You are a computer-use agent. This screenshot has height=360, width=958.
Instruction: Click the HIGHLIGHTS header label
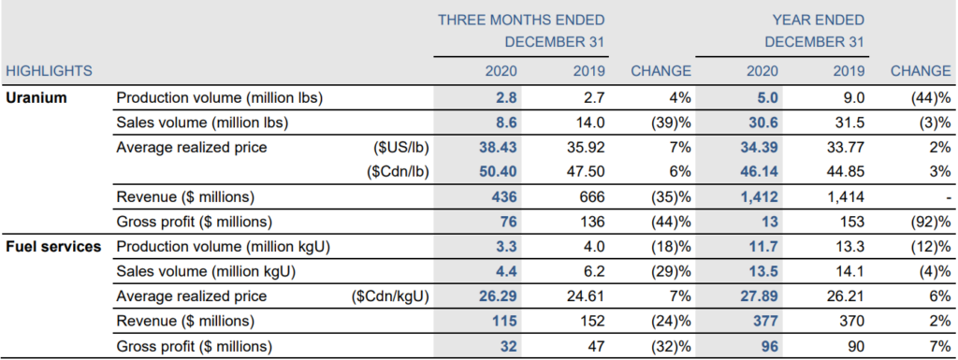tap(49, 71)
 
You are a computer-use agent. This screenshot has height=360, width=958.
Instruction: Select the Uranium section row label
tap(36, 97)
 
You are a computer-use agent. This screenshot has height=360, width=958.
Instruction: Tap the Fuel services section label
tap(53, 247)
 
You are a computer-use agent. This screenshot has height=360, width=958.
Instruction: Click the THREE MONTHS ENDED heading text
tap(521, 21)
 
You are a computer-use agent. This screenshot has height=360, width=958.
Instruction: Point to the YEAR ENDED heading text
tap(819, 21)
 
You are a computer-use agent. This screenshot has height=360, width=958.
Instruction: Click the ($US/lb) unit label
tap(400, 148)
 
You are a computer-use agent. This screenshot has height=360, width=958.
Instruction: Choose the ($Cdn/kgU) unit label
tap(390, 297)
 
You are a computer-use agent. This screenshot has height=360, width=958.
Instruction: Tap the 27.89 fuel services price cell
tap(760, 297)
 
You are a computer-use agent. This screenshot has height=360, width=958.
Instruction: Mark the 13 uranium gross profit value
tap(771, 223)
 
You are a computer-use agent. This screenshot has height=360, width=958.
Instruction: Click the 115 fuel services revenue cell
tap(506, 322)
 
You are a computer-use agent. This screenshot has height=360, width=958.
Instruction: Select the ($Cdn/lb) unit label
tap(398, 172)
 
